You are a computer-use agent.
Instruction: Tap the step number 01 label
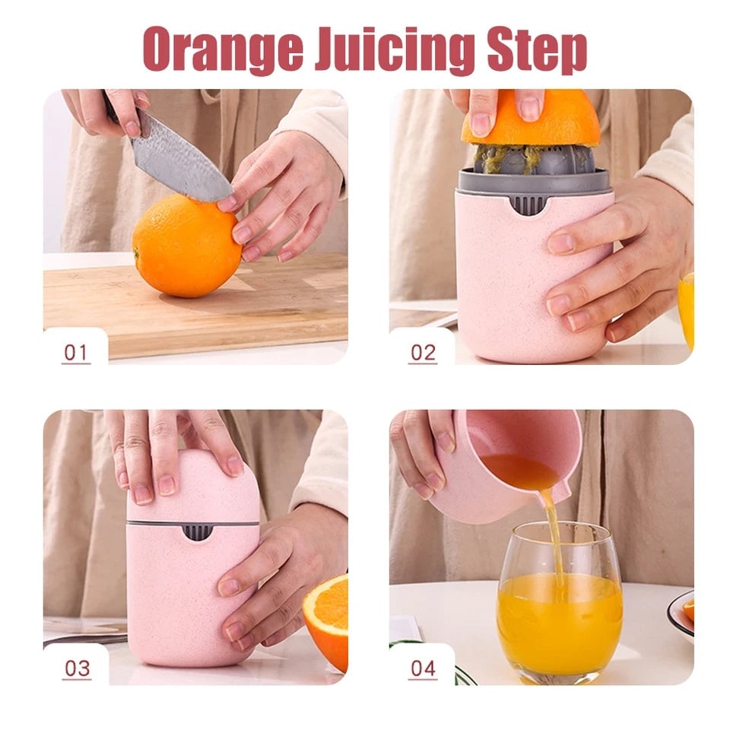point(76,353)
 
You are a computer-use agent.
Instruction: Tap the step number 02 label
point(423,353)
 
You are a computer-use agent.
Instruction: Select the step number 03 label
point(77,668)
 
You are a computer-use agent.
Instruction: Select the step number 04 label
point(424,668)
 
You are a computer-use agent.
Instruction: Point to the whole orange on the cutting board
point(186,245)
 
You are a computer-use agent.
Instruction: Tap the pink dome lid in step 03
point(194,487)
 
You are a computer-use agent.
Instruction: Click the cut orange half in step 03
point(327,620)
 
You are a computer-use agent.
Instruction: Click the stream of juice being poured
point(553,532)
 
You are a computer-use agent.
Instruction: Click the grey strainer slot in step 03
point(198,531)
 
